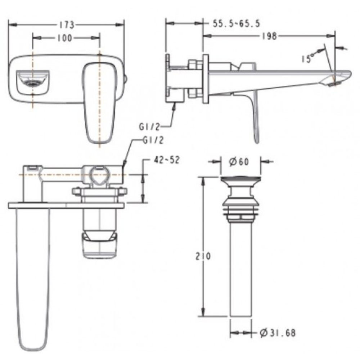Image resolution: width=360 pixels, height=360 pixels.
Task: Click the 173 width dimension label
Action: coord(67,25)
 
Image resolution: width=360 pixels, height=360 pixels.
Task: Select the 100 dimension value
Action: coord(65,38)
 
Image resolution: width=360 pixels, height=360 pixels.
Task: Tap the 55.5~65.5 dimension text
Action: coord(237,23)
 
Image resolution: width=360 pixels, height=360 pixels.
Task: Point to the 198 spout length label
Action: coord(270,36)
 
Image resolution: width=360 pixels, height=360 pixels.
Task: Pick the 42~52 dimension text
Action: coord(166,160)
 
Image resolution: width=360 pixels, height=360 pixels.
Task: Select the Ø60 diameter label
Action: coord(239,162)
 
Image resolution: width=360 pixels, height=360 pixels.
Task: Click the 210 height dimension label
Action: coord(203,256)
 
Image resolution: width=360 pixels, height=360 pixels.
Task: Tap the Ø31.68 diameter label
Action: coord(278,333)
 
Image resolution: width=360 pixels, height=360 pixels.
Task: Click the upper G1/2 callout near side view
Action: coord(149,127)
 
